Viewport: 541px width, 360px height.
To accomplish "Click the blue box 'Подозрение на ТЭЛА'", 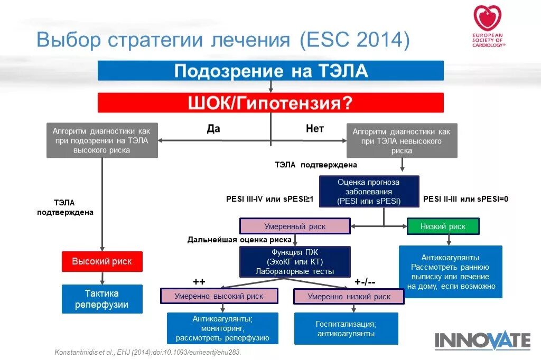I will [x=270, y=71].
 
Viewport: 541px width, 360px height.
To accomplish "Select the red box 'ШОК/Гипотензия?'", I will [x=270, y=102].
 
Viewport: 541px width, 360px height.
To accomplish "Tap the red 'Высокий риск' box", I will [x=102, y=261].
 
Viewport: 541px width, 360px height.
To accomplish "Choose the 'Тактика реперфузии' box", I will [x=102, y=299].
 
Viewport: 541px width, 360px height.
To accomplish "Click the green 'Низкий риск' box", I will [x=443, y=226].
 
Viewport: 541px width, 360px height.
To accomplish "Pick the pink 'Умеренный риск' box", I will [x=295, y=226].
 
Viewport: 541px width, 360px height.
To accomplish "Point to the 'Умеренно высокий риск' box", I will [x=219, y=296].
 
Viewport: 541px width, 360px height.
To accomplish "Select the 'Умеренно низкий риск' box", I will [x=349, y=297].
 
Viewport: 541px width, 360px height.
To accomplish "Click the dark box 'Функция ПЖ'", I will [x=295, y=262].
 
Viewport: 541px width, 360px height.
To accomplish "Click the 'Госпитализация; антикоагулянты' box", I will [x=346, y=328].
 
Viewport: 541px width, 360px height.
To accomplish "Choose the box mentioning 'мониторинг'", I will [x=222, y=328].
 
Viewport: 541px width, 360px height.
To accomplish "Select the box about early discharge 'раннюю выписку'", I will [x=451, y=272].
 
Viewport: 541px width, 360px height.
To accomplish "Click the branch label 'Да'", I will [x=213, y=129].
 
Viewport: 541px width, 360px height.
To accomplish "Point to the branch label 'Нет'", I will [x=315, y=129].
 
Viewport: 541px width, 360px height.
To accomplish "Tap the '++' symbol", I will [x=199, y=281].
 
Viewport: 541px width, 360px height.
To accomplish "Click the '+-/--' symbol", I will [x=365, y=281].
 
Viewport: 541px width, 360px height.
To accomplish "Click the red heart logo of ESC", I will [x=488, y=18].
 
